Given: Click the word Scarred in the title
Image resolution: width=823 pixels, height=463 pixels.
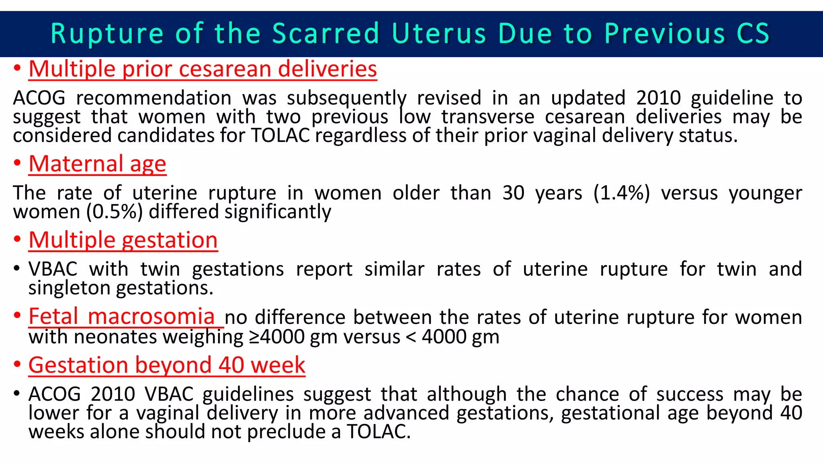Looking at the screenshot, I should tap(326, 33).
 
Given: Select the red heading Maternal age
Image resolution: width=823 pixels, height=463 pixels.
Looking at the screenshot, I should tap(97, 164).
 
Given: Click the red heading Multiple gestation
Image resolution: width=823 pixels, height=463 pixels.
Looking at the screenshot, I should tap(123, 240).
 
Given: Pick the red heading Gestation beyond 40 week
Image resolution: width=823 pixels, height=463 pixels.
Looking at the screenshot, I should tap(167, 365).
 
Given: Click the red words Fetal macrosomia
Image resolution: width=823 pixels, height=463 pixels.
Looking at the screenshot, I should tap(121, 316).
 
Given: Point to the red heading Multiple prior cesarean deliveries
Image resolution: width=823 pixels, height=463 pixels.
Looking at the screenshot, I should tap(203, 69).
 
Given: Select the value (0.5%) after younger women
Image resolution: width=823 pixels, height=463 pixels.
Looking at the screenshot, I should tap(115, 212).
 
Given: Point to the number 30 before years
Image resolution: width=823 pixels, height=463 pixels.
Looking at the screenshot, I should tap(513, 193).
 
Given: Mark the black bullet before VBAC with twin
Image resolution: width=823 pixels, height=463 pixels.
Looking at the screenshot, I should tap(16, 268).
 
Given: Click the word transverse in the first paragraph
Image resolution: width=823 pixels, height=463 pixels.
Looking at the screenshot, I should tap(487, 117).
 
